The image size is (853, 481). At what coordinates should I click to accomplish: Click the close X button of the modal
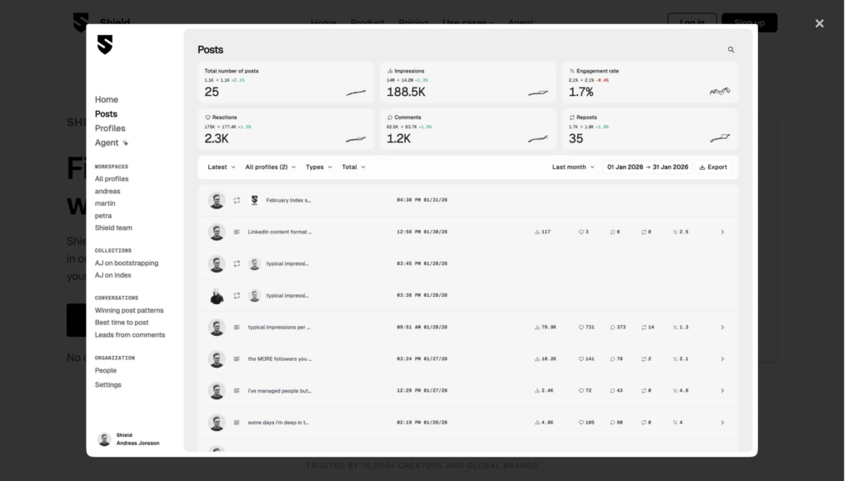(819, 23)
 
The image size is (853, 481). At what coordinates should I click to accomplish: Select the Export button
(713, 167)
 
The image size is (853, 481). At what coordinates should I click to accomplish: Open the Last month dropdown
(573, 167)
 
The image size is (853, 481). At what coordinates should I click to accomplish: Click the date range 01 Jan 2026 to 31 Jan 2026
(647, 167)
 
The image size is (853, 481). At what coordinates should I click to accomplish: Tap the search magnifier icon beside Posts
(731, 50)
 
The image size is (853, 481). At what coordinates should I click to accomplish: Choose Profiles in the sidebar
(110, 128)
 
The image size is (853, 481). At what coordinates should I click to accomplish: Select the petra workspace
(103, 216)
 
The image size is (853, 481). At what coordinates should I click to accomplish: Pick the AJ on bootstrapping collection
(126, 263)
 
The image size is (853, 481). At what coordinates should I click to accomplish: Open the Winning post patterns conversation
(129, 310)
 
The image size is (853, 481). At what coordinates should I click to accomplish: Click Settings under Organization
(108, 385)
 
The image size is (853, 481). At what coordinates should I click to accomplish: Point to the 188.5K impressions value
(406, 92)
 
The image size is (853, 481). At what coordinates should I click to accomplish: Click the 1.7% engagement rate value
(581, 92)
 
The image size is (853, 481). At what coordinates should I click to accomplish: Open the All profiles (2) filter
(270, 167)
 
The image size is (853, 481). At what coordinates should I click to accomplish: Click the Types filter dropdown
(318, 167)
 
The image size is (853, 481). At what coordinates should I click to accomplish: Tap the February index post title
(288, 200)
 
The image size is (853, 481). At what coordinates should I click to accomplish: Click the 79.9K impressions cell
(548, 328)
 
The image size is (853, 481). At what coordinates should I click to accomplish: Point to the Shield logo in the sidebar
(104, 45)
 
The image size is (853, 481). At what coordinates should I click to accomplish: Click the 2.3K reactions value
(217, 138)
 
